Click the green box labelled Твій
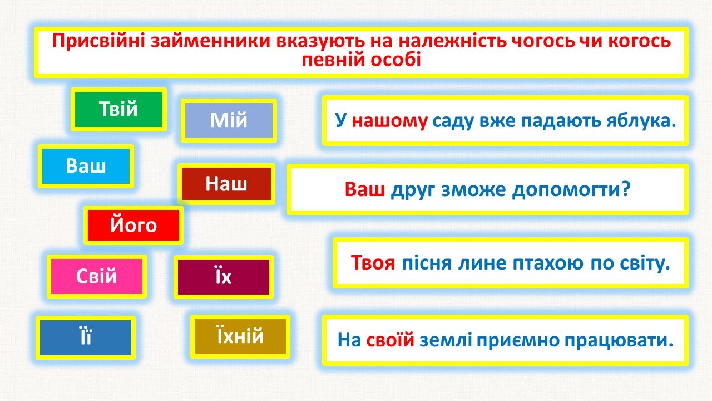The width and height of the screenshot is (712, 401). pos(118,110)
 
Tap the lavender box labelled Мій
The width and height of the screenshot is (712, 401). pos(229,121)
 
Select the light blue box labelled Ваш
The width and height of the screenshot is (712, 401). pos(86,166)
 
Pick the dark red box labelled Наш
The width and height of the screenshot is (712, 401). pos(226,184)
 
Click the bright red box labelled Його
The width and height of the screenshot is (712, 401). pos(133,225)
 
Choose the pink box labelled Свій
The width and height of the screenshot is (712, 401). pos(97,276)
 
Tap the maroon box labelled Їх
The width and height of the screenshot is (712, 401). pos(224,277)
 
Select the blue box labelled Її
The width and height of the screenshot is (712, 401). pos(86,338)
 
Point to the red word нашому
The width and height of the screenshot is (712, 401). pos(390,121)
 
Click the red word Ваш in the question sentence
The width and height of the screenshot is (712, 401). pos(364,189)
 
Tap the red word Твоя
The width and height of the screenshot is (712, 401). pos(373,263)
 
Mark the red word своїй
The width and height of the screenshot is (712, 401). pos(390,340)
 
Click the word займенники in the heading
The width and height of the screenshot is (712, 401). pos(210,41)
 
